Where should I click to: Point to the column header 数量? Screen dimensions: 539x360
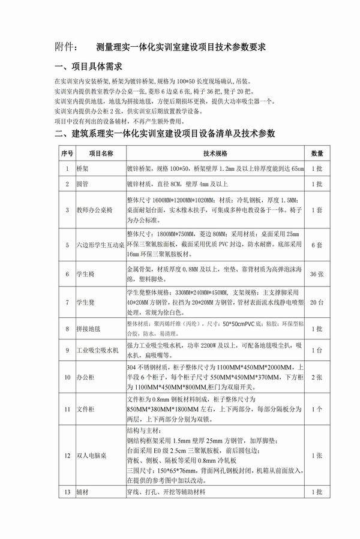click(x=317, y=153)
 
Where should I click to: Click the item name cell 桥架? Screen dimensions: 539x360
click(x=82, y=168)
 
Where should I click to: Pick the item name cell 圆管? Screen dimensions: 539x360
click(x=82, y=183)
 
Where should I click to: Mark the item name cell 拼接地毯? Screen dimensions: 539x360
click(x=89, y=330)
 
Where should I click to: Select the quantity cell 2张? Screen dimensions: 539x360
click(x=317, y=378)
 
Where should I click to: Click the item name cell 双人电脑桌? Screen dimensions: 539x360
click(x=92, y=456)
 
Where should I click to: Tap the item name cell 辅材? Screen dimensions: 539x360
click(x=82, y=492)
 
